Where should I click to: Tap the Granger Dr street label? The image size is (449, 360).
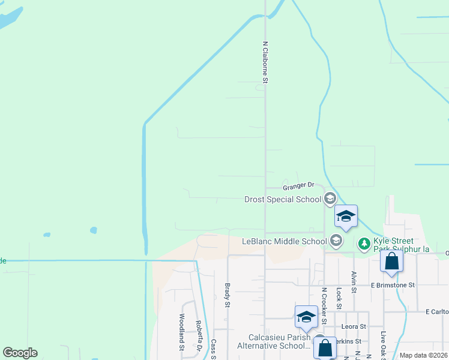click(x=298, y=187)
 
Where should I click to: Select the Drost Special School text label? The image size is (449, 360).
click(x=283, y=199)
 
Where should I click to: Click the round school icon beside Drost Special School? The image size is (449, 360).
click(x=330, y=199)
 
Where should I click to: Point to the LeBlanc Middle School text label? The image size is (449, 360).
click(x=284, y=241)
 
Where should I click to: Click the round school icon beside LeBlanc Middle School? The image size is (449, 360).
click(x=336, y=241)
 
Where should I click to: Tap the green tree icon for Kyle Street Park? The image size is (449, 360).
click(x=364, y=244)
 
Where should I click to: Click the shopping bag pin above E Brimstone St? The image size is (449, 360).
click(x=391, y=262)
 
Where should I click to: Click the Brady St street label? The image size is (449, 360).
click(x=228, y=295)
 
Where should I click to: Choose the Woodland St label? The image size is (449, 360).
click(x=181, y=332)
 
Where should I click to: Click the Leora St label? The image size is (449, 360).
click(x=354, y=326)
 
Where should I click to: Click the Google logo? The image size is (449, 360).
click(x=20, y=353)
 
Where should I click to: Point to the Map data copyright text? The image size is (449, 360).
click(x=424, y=355)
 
